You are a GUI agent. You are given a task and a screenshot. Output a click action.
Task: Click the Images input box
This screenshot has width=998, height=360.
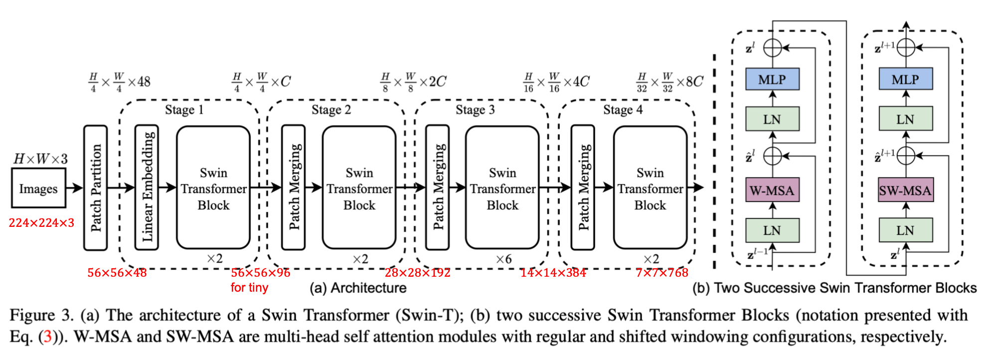38,188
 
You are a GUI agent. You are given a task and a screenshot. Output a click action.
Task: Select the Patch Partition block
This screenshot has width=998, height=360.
95,187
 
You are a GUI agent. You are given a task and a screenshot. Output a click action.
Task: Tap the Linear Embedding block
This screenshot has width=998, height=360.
147,187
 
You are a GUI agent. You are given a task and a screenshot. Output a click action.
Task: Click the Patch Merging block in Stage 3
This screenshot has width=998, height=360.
437,187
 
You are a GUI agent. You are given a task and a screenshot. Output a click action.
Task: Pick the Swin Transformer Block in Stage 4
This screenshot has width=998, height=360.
650,188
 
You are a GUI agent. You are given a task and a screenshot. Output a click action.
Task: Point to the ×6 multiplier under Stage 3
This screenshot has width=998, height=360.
503,259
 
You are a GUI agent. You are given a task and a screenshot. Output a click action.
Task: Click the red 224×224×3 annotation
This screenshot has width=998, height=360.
41,223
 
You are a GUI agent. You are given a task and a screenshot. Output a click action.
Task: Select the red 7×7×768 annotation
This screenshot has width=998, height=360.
662,273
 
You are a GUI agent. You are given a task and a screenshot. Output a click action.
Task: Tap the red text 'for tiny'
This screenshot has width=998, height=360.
249,288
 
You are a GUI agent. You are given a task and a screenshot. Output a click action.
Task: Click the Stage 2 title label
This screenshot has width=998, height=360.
331,110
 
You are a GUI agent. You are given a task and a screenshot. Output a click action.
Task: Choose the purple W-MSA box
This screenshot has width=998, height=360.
772,190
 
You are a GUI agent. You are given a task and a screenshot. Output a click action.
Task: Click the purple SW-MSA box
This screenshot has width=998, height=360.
905,190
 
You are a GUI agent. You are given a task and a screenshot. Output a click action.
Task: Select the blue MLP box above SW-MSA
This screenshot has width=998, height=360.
905,79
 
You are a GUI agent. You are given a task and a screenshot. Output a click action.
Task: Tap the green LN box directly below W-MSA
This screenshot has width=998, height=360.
772,230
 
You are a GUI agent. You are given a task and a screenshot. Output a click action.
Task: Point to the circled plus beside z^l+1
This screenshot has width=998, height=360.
906,47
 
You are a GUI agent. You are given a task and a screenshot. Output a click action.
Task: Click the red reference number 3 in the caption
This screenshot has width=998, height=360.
48,337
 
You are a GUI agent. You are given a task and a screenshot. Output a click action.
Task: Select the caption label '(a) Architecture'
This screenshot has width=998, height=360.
357,288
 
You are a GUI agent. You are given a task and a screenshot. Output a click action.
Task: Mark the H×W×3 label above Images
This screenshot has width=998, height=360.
40,159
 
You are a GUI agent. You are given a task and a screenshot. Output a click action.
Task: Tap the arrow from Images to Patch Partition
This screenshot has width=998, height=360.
74,188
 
